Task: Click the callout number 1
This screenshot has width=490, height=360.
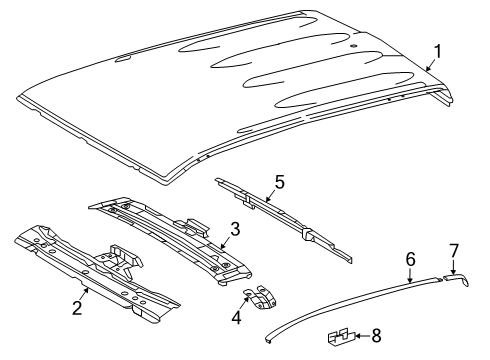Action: point(438,52)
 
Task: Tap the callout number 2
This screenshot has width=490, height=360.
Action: point(77,307)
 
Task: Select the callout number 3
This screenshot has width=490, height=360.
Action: point(235,229)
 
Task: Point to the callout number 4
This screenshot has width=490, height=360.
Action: point(236,317)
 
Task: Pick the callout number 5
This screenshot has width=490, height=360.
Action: point(279,182)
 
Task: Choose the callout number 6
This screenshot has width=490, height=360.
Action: point(410,259)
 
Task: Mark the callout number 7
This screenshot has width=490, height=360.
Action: point(454,251)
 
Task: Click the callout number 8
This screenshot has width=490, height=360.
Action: point(376,336)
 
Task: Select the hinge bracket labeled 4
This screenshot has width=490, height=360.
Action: point(262,296)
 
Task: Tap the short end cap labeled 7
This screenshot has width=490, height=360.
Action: point(457,278)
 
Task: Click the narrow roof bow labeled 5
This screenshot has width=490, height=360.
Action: point(283,219)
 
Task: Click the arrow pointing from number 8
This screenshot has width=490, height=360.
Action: point(363,336)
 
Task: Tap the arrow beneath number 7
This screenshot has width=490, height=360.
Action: point(453,268)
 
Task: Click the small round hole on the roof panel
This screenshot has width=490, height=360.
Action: point(353,46)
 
